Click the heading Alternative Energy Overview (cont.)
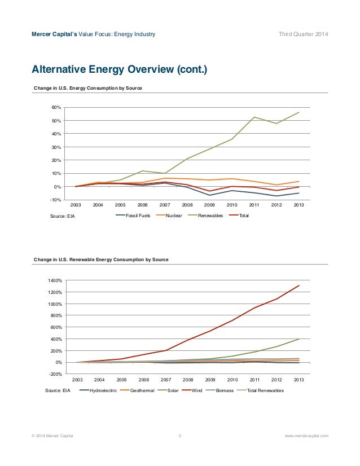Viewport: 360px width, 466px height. pyautogui.click(x=120, y=69)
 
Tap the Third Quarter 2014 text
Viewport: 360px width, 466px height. pyautogui.click(x=303, y=34)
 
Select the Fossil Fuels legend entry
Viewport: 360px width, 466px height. pyautogui.click(x=133, y=216)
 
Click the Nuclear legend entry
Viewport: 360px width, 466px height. pyautogui.click(x=169, y=216)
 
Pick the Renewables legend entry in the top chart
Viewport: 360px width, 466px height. pyautogui.click(x=205, y=216)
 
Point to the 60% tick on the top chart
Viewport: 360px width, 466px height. pyautogui.click(x=57, y=107)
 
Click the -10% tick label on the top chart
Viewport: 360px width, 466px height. pyautogui.click(x=56, y=200)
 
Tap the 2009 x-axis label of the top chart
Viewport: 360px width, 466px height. pyautogui.click(x=209, y=205)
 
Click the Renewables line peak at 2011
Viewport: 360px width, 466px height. pyautogui.click(x=254, y=117)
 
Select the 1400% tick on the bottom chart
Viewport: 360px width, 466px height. pyautogui.click(x=55, y=280)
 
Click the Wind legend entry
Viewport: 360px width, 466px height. pyautogui.click(x=192, y=390)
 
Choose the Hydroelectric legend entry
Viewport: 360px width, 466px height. pyautogui.click(x=98, y=390)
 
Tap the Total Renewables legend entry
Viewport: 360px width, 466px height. pyautogui.click(x=261, y=390)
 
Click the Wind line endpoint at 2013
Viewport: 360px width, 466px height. pyautogui.click(x=298, y=285)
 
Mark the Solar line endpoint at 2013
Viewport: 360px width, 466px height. pyautogui.click(x=298, y=339)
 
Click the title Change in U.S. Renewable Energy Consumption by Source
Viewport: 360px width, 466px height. pyautogui.click(x=101, y=260)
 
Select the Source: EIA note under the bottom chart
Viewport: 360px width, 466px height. pyautogui.click(x=58, y=390)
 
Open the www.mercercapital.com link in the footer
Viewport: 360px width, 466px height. pyautogui.click(x=306, y=436)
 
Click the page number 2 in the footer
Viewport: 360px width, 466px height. pyautogui.click(x=180, y=436)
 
